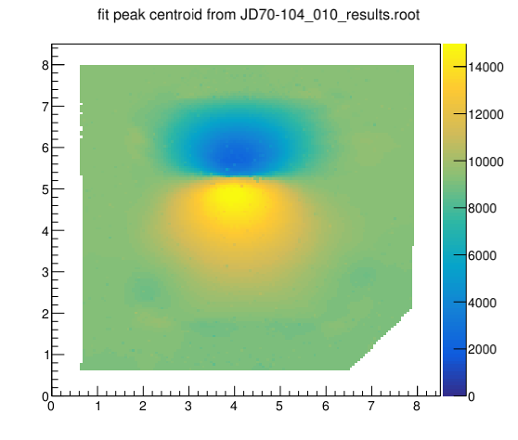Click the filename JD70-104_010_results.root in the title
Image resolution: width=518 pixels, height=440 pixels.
pyautogui.click(x=330, y=15)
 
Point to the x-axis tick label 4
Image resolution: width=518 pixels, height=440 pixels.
pyautogui.click(x=234, y=406)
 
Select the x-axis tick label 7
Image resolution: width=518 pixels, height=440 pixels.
pyautogui.click(x=371, y=406)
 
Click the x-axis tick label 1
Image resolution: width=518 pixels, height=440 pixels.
pyautogui.click(x=97, y=406)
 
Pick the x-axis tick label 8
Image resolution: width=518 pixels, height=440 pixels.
pyautogui.click(x=417, y=406)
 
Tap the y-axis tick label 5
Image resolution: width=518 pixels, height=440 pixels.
pyautogui.click(x=45, y=189)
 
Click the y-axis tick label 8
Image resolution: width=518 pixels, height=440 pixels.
pyautogui.click(x=45, y=65)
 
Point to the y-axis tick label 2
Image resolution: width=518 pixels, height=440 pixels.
pyautogui.click(x=45, y=314)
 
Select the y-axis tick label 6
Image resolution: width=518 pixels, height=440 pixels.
pyautogui.click(x=45, y=148)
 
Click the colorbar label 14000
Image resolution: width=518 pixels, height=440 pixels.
pyautogui.click(x=486, y=68)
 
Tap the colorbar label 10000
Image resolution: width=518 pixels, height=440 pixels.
pyautogui.click(x=486, y=162)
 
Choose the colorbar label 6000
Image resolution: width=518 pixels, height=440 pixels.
pyautogui.click(x=482, y=255)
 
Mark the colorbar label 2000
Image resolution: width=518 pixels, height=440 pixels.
pyautogui.click(x=482, y=349)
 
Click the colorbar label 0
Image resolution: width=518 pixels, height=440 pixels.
pyautogui.click(x=472, y=396)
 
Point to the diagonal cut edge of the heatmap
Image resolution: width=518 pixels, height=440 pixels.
pyautogui.click(x=381, y=340)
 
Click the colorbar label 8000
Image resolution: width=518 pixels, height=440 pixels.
pyautogui.click(x=482, y=209)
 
